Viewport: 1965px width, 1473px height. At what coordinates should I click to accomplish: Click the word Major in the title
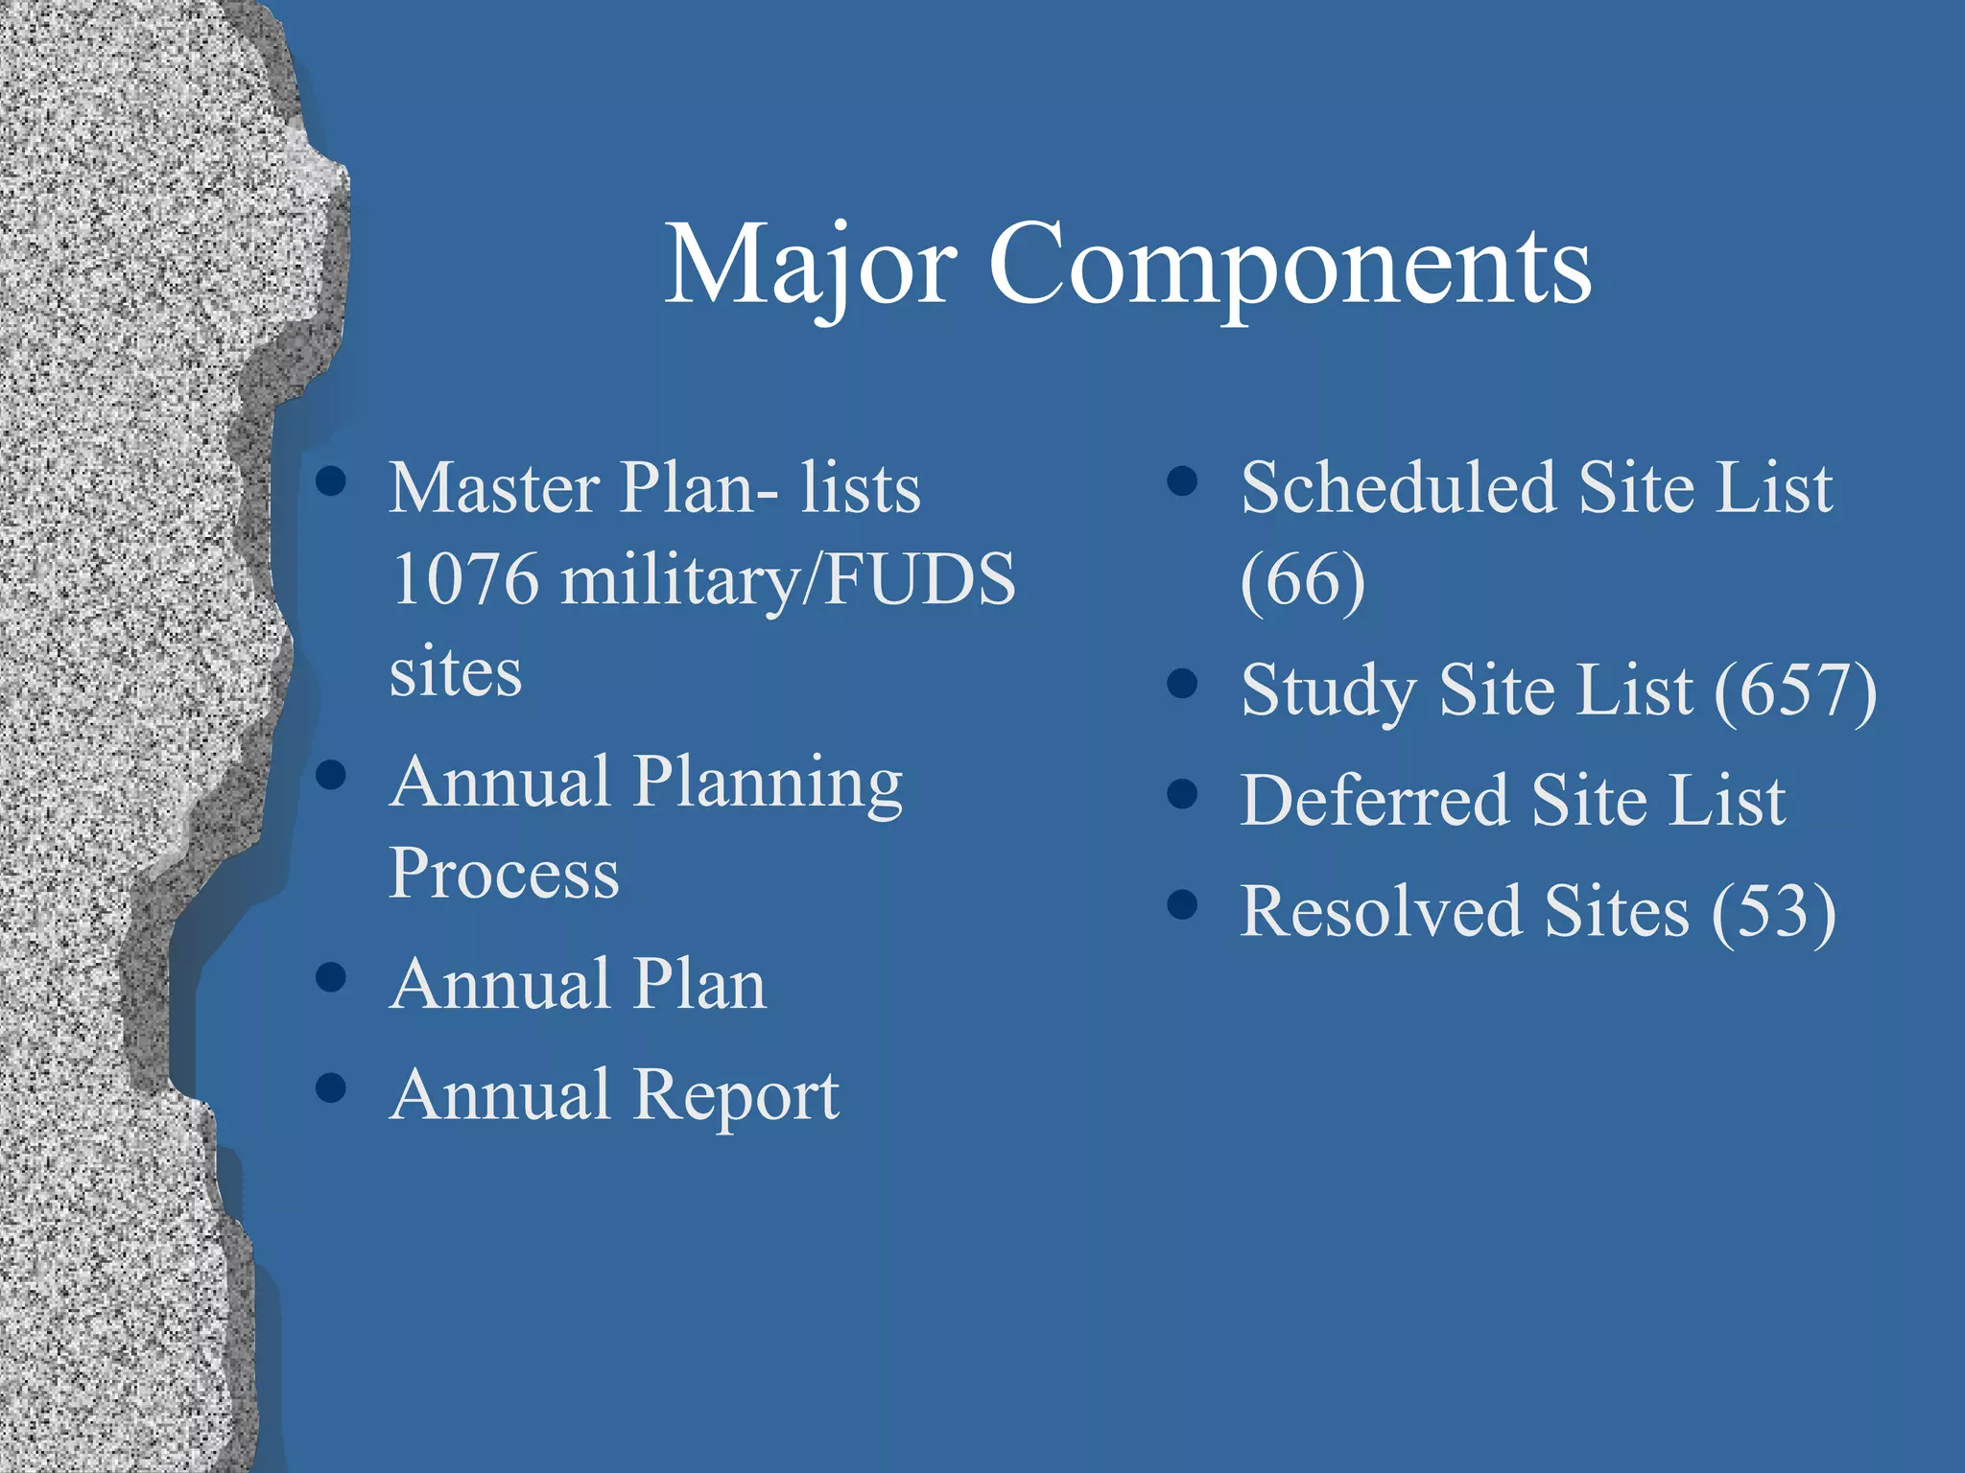point(811,266)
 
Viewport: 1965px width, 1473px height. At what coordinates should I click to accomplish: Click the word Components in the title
point(1290,266)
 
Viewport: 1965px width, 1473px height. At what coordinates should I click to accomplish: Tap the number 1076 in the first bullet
point(465,579)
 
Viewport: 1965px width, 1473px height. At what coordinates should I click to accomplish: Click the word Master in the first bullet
point(495,488)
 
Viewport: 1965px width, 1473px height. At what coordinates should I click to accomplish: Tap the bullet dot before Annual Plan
point(331,977)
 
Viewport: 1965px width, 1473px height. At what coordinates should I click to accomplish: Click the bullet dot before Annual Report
point(331,1087)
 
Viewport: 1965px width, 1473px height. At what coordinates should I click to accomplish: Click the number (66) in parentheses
point(1302,581)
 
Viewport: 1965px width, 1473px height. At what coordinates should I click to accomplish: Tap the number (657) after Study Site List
point(1795,690)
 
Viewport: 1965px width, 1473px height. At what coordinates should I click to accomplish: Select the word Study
point(1329,690)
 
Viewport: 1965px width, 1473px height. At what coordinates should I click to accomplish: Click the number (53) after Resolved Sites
point(1774,911)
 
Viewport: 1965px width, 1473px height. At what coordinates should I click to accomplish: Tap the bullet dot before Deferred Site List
point(1183,794)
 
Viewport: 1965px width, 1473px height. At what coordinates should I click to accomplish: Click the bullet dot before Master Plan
point(331,481)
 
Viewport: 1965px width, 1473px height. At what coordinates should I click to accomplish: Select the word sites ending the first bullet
point(456,671)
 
